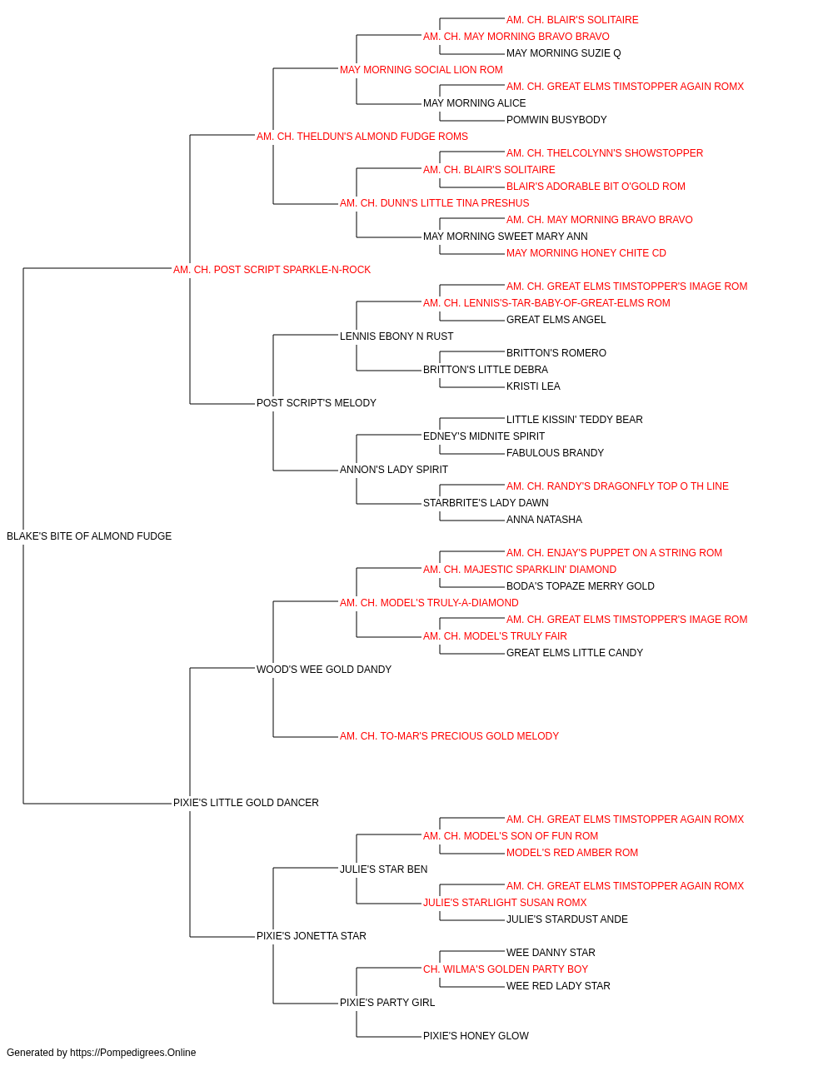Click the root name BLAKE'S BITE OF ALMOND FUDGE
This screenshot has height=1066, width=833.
pyautogui.click(x=89, y=536)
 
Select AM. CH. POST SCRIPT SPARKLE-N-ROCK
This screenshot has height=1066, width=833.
pyautogui.click(x=272, y=270)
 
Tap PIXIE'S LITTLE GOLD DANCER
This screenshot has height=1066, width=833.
pyautogui.click(x=246, y=803)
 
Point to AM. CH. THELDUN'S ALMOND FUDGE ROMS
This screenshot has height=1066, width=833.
pyautogui.click(x=362, y=137)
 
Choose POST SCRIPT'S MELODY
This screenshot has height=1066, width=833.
pyautogui.click(x=316, y=403)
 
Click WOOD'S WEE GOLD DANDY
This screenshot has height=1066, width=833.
pyautogui.click(x=324, y=669)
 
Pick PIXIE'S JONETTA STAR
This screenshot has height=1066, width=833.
pyautogui.click(x=311, y=935)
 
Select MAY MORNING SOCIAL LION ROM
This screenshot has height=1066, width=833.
pyautogui.click(x=421, y=70)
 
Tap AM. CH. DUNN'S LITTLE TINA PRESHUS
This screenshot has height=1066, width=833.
pyautogui.click(x=434, y=203)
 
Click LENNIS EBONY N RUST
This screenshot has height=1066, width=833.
pyautogui.click(x=397, y=336)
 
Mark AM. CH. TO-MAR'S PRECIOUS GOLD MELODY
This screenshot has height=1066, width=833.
pyautogui.click(x=449, y=736)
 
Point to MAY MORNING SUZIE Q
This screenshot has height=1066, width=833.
pyautogui.click(x=563, y=53)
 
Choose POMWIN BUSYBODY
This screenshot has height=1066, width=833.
pyautogui.click(x=556, y=120)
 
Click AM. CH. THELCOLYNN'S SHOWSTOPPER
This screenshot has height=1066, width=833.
pyautogui.click(x=605, y=153)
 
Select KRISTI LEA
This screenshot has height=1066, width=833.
pyautogui.click(x=533, y=386)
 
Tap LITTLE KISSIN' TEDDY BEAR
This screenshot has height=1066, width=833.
pyautogui.click(x=574, y=420)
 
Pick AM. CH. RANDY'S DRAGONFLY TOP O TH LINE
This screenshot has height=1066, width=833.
pyautogui.click(x=617, y=486)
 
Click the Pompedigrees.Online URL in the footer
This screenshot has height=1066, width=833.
pyautogui.click(x=132, y=1053)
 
